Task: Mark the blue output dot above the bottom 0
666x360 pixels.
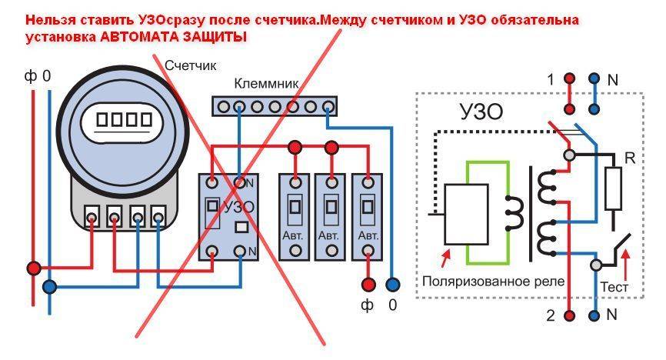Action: [394, 284]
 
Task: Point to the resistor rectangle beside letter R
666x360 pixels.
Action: [613, 189]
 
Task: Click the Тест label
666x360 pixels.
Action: [614, 286]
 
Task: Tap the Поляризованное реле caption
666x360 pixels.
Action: [493, 282]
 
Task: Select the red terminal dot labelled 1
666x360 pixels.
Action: [569, 78]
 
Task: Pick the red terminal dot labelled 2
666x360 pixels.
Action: [569, 315]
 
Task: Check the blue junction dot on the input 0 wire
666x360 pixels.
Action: [49, 287]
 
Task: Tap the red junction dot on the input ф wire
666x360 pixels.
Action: [34, 268]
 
